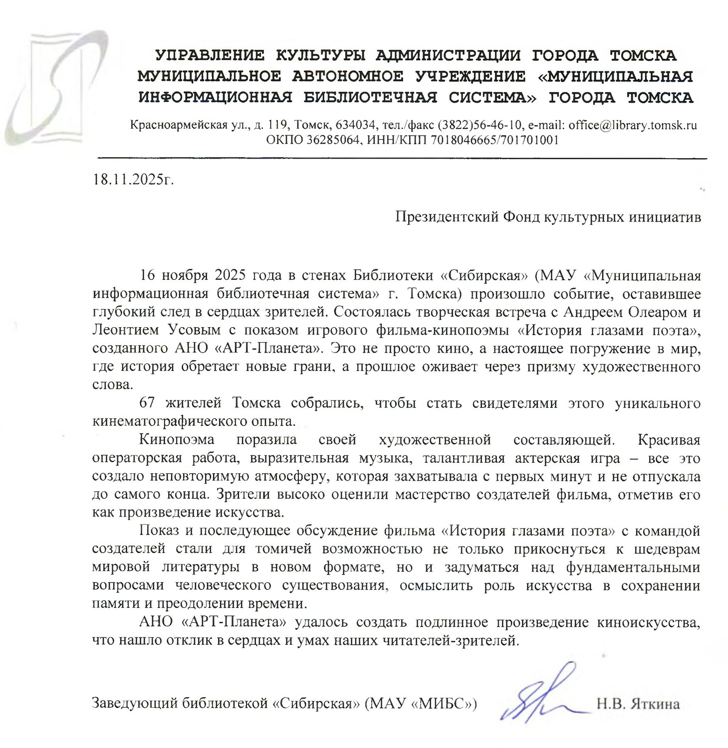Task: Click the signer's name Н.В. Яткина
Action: [x=638, y=705]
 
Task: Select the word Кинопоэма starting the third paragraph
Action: [x=177, y=440]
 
